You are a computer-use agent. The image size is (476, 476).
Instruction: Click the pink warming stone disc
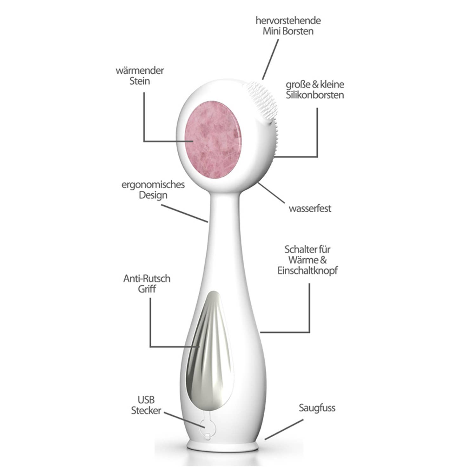pyautogui.click(x=213, y=143)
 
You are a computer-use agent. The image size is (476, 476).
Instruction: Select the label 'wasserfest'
pyautogui.click(x=310, y=208)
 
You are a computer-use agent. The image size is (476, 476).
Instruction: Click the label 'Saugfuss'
pyautogui.click(x=317, y=408)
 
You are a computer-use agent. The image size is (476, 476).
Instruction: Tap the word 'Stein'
pyautogui.click(x=140, y=81)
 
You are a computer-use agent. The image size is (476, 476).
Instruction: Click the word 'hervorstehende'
pyautogui.click(x=288, y=21)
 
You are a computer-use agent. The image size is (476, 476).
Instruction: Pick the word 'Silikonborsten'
pyautogui.click(x=315, y=95)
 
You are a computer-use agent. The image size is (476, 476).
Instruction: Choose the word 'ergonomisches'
pyautogui.click(x=153, y=185)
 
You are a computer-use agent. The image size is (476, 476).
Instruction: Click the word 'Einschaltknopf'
pyautogui.click(x=307, y=271)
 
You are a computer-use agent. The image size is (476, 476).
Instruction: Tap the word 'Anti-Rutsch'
pyautogui.click(x=147, y=279)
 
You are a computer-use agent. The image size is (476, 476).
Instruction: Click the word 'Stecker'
pyautogui.click(x=146, y=411)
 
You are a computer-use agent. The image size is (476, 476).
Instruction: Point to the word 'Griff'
pyautogui.click(x=147, y=289)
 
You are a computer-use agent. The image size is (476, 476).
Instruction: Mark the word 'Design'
pyautogui.click(x=153, y=195)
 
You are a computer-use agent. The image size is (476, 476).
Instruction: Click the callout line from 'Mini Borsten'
pyautogui.click(x=270, y=59)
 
